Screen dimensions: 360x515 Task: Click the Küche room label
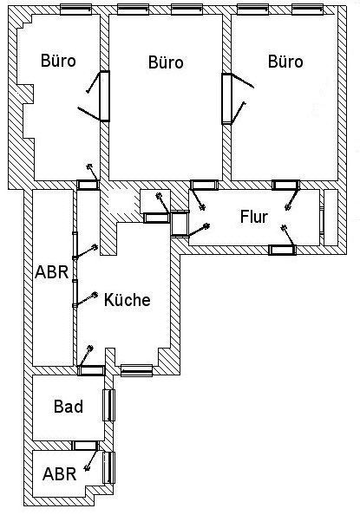[x=128, y=300]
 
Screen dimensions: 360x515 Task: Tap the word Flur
[x=254, y=217]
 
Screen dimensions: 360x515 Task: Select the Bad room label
[x=69, y=407]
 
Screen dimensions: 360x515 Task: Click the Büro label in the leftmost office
[x=58, y=61]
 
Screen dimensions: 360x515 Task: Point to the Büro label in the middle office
[x=166, y=62]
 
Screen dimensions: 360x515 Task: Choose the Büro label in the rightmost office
[x=285, y=62]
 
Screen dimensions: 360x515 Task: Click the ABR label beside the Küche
[x=52, y=272]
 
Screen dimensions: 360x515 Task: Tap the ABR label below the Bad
[x=59, y=474]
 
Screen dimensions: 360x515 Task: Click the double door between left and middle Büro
[x=105, y=96]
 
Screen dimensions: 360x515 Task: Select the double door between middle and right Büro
[x=227, y=99]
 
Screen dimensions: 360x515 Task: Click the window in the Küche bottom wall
[x=136, y=370]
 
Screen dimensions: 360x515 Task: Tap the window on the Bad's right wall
[x=108, y=405]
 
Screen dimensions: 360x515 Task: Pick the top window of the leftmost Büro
[x=76, y=10]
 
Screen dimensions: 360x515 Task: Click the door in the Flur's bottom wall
[x=283, y=250]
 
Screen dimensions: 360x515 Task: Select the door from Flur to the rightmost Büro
[x=285, y=185]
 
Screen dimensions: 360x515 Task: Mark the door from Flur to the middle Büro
[x=204, y=185]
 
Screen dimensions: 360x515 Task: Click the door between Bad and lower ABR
[x=85, y=446]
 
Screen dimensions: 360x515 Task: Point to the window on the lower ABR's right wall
[x=108, y=467]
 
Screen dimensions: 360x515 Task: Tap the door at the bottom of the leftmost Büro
[x=88, y=185]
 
